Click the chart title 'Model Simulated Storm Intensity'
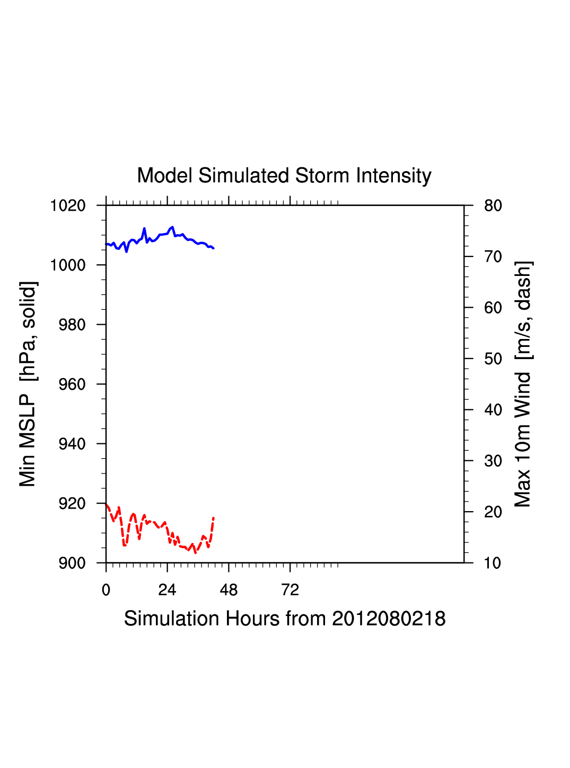(284, 176)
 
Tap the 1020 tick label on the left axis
(68, 206)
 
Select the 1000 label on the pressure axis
(68, 265)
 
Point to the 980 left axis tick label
(72, 325)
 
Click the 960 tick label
(72, 385)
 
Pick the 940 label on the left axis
(72, 444)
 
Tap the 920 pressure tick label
(72, 504)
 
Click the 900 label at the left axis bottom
(72, 563)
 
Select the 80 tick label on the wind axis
(493, 206)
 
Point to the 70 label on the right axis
(493, 257)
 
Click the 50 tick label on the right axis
(493, 359)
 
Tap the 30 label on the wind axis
(493, 461)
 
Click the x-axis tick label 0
(106, 590)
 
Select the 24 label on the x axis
(167, 590)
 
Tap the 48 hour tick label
(229, 590)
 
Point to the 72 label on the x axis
(290, 590)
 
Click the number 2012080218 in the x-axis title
(389, 619)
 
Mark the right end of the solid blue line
(213, 248)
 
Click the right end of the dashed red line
(213, 517)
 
